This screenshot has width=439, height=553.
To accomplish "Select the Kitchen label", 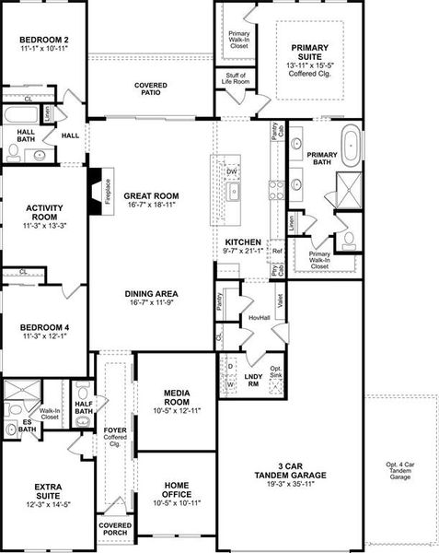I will [243, 241].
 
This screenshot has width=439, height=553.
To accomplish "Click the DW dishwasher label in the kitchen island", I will [233, 172].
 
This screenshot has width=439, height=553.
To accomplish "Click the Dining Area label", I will [152, 295].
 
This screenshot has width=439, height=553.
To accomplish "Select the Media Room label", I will [176, 397].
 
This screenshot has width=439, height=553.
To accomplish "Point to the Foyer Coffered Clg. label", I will [115, 432].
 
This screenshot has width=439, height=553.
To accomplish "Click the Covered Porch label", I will [115, 529].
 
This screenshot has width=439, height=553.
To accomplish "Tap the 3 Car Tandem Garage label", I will [289, 470].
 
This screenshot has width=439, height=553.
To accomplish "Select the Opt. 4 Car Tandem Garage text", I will [401, 470].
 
